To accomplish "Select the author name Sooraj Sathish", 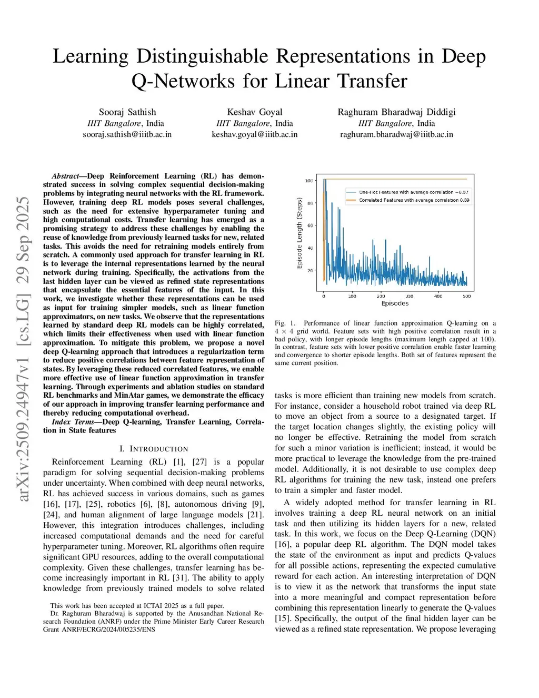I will (x=127, y=112).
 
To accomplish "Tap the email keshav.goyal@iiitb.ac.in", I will (x=254, y=134).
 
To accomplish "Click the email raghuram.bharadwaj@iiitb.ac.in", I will (x=396, y=134).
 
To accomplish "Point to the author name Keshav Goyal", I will (x=255, y=112).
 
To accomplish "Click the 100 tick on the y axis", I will (x=309, y=181).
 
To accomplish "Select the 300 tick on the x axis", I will (x=409, y=296).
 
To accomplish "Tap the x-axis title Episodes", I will (x=395, y=303).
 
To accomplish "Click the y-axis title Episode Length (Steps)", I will (x=300, y=233).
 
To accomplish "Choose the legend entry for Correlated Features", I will (x=414, y=200).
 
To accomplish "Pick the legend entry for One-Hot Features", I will (x=414, y=192).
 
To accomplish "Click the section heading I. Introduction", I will (x=154, y=449).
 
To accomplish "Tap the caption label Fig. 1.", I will (x=285, y=323).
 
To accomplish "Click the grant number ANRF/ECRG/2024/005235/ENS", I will (x=108, y=630).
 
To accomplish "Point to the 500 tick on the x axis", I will (x=466, y=296).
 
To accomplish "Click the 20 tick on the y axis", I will (x=310, y=270).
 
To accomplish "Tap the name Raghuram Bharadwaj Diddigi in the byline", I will (x=396, y=112).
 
